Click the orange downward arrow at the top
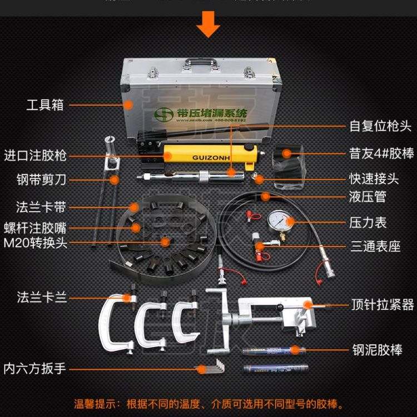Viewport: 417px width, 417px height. pos(208,24)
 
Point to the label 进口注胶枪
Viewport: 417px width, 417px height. pos(35,155)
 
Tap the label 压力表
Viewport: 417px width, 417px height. pos(368,222)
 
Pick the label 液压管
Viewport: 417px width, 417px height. pos(368,196)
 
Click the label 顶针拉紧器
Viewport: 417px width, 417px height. pos(383,305)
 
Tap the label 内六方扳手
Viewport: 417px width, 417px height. pos(35,368)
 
